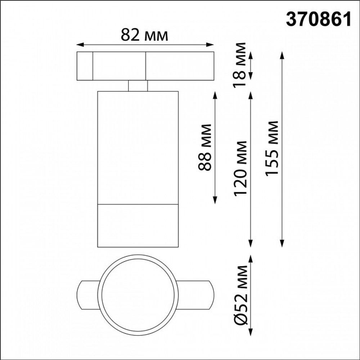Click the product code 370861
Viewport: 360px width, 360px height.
(x=318, y=19)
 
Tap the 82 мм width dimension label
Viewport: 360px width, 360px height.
(x=144, y=35)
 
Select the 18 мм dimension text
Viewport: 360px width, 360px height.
(x=239, y=65)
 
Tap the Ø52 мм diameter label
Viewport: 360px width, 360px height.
(x=240, y=295)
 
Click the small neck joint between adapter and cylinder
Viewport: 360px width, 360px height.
(x=138, y=86)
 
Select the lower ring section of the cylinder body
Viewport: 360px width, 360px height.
(x=138, y=226)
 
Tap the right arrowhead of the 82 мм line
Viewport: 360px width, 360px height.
(x=211, y=45)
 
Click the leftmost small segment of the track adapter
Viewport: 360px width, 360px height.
(x=85, y=66)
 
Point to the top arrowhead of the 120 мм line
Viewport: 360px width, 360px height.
(x=251, y=94)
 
